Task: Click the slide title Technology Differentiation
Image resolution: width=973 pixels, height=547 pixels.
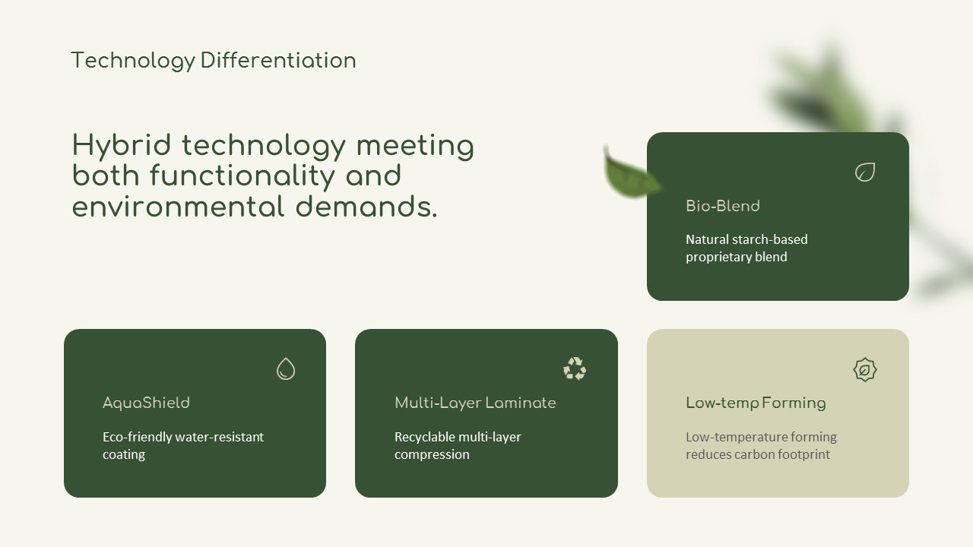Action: [x=214, y=61]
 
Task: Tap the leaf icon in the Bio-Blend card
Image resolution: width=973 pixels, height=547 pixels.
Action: [x=865, y=172]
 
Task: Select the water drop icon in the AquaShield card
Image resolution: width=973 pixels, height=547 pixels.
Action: [x=285, y=369]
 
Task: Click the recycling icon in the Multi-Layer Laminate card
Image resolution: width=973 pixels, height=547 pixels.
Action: [x=575, y=368]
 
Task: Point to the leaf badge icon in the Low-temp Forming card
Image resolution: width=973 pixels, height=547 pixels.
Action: [x=864, y=370]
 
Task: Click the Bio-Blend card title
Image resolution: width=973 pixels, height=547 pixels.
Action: [x=723, y=206]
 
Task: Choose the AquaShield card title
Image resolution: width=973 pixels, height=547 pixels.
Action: [x=146, y=403]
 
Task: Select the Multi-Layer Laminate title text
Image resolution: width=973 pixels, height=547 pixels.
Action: [x=475, y=403]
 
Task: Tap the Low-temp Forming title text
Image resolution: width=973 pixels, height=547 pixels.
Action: [x=756, y=403]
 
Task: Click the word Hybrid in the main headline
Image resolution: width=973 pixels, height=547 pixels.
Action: [x=121, y=146]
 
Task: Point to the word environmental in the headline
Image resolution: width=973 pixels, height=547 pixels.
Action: [x=178, y=207]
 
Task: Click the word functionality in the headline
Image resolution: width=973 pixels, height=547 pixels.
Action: [x=242, y=176]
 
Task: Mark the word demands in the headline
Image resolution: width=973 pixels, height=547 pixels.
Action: [x=366, y=207]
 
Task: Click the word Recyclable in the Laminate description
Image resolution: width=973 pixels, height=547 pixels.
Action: [x=418, y=437]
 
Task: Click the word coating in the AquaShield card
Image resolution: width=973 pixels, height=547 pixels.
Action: [x=124, y=455]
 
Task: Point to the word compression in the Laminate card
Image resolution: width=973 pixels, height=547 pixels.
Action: [x=432, y=455]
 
